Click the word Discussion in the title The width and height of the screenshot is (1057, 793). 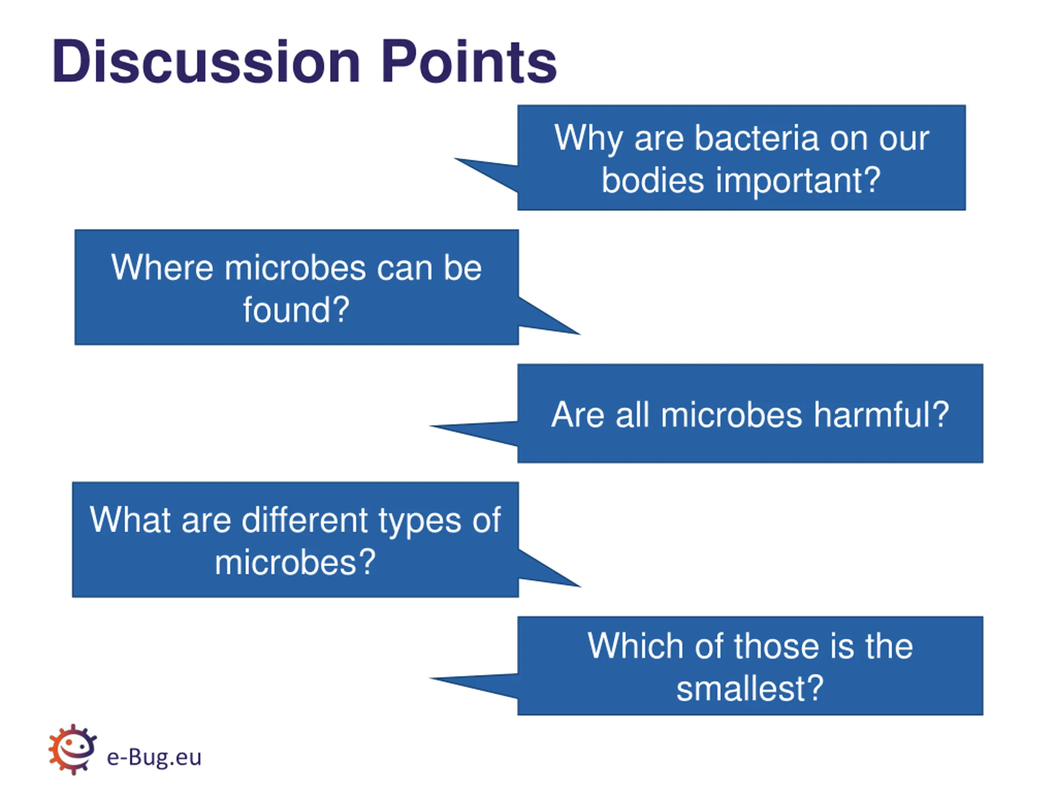(206, 62)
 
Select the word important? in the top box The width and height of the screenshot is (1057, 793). (798, 180)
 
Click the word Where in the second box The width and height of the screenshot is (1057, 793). (162, 267)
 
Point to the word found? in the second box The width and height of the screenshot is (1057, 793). (296, 310)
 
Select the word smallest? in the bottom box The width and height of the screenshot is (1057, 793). (750, 689)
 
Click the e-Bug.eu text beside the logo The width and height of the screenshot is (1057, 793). (154, 757)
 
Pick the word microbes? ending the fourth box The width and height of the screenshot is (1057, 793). (295, 562)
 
